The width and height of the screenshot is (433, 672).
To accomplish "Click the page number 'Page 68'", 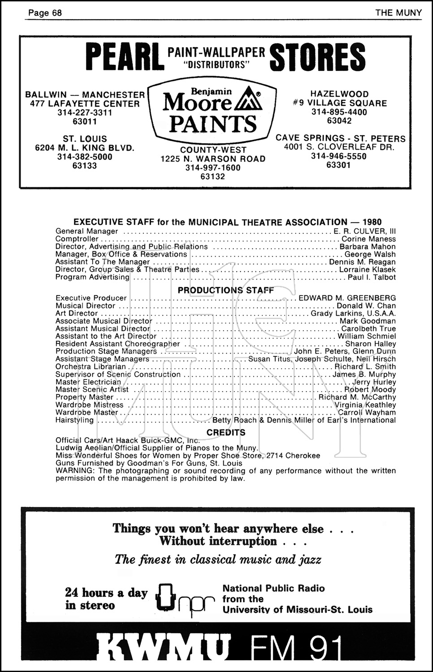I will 45,13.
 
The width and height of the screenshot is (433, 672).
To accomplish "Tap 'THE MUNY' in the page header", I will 398,13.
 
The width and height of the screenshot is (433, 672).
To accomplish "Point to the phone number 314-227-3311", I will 85,112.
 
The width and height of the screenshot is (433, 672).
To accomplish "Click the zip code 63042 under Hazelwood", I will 339,121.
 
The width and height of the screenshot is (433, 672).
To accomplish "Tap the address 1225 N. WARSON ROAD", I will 213,159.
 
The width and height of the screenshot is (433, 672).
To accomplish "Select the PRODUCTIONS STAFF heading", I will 225,290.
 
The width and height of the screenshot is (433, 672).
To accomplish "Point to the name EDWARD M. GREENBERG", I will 347,298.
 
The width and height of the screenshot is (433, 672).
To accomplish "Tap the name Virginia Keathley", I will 365,405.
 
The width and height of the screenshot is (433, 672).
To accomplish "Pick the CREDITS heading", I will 226,432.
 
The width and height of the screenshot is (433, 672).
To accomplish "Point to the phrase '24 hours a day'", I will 106,593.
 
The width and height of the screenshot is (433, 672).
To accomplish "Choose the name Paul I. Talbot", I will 372,277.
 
